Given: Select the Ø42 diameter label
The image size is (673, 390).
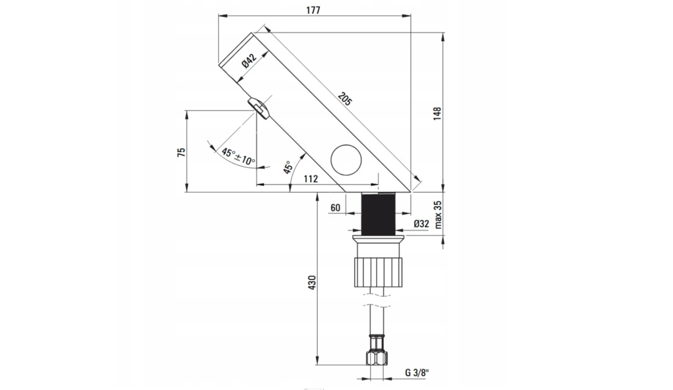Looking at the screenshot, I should (249, 61).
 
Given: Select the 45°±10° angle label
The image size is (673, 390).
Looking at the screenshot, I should (238, 156).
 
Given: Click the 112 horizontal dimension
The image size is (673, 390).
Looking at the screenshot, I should (310, 179).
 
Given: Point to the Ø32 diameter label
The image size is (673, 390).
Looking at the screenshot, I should (421, 224).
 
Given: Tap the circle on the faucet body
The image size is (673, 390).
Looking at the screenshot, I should (346, 160).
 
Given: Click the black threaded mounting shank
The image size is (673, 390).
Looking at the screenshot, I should (378, 213).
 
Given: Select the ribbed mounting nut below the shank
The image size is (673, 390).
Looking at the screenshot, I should (378, 272).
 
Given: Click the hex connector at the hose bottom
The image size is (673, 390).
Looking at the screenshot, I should (378, 358).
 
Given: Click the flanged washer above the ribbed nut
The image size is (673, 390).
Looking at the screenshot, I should (378, 240).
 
